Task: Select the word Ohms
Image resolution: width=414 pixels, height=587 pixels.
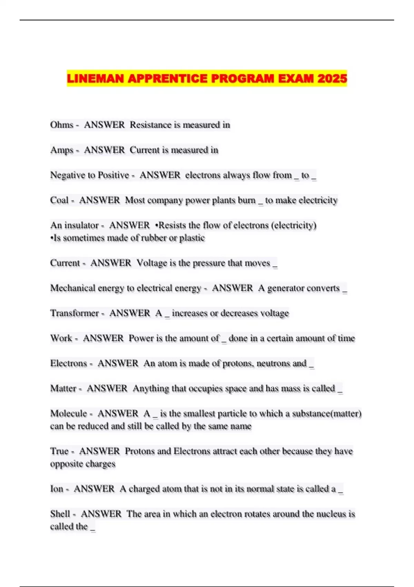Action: pos(62,125)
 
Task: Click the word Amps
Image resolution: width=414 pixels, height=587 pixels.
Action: pos(62,150)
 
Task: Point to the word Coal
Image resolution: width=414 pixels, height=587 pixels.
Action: pos(59,200)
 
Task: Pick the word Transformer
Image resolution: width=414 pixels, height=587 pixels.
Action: pos(75,313)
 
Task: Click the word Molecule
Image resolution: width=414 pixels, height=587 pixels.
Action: pos(69,413)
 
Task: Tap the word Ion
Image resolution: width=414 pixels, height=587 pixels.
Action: pos(57,489)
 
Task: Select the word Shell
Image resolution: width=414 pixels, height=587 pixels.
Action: pos(60,514)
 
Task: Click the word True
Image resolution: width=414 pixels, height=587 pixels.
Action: pos(59,451)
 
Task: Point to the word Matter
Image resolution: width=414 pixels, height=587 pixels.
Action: pos(63,388)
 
